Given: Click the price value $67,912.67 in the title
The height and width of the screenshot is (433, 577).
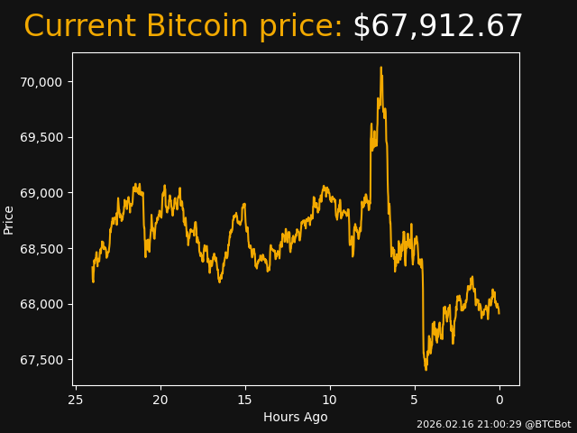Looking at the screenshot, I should pos(437,27).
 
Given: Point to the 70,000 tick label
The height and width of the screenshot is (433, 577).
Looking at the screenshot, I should pos(41,82).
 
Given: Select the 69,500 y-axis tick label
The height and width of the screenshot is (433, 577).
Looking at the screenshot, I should pos(41,137).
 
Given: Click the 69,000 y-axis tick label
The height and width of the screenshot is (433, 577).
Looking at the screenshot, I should pos(41,193).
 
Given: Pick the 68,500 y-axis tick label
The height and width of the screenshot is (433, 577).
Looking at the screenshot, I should pos(41,249).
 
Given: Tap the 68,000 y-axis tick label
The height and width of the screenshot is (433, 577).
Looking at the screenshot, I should pos(41,304).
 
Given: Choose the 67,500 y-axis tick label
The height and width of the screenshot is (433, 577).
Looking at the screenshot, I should pos(41,360).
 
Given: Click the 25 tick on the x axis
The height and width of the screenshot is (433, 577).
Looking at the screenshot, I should pos(76,400).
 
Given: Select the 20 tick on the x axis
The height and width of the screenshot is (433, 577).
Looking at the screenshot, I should pos(160,400).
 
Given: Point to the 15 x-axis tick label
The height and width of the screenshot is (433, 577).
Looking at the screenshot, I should pos(245,400).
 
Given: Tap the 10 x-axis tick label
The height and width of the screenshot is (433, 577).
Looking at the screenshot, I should pos(330,400).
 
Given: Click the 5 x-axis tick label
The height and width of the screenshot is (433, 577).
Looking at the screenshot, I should pos(415,400).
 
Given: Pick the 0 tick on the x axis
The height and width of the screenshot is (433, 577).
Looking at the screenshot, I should pos(499,400).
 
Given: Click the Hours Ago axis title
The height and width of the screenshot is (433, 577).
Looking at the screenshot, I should pos(296,417).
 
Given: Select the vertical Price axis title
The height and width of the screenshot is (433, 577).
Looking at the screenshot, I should pos(9,219).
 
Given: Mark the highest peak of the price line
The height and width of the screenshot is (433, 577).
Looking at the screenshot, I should pos(380,68).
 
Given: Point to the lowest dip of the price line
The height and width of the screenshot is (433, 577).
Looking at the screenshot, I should pos(426,369).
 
